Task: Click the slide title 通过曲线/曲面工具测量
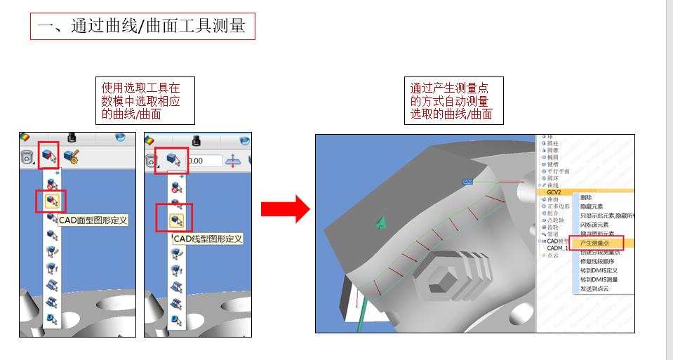coord(142,27)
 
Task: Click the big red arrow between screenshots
coord(285,209)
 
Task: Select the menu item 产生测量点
coord(596,242)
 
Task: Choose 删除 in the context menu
coord(587,198)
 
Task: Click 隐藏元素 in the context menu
coord(592,206)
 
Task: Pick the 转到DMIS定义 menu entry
coord(599,270)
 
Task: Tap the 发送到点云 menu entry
coord(594,288)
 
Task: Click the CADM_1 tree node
coord(558,248)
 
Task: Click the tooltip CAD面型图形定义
coord(93,220)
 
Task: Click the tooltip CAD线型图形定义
coord(208,239)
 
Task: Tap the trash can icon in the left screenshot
coord(27,157)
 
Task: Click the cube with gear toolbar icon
coord(70,156)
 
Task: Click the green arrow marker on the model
coord(381,222)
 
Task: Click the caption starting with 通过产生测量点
coord(453,101)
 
